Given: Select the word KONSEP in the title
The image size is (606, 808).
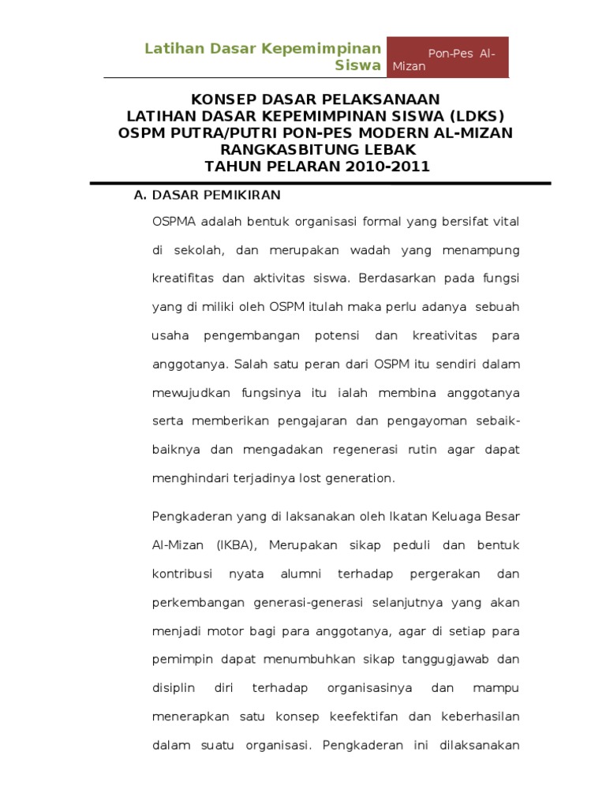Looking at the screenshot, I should (225, 99).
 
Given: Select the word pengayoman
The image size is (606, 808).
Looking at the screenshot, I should (423, 421).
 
